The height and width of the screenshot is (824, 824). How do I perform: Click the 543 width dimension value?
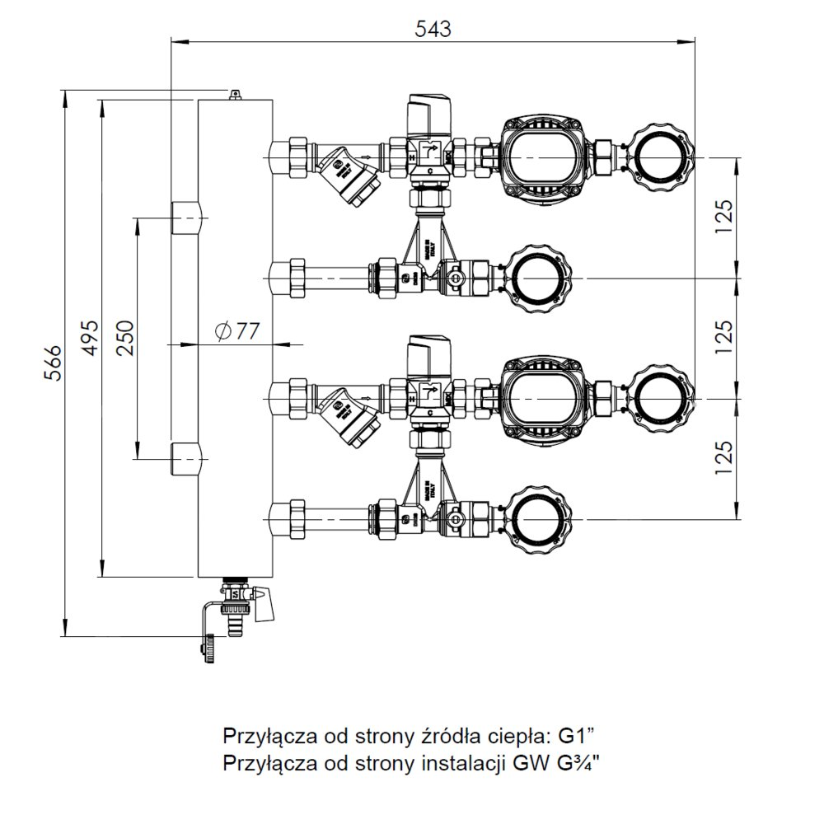coord(433,28)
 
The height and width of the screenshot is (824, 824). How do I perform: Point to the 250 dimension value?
coord(124,337)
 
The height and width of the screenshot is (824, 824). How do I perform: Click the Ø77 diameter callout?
coord(236,332)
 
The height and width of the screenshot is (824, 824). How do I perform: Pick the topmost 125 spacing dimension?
coord(723,216)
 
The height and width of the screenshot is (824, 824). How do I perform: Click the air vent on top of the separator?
coord(236,96)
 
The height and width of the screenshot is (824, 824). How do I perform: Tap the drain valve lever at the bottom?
coord(264,604)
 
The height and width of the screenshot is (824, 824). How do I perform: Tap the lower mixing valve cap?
coord(428,350)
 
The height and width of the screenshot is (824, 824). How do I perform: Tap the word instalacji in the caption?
coord(461,763)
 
